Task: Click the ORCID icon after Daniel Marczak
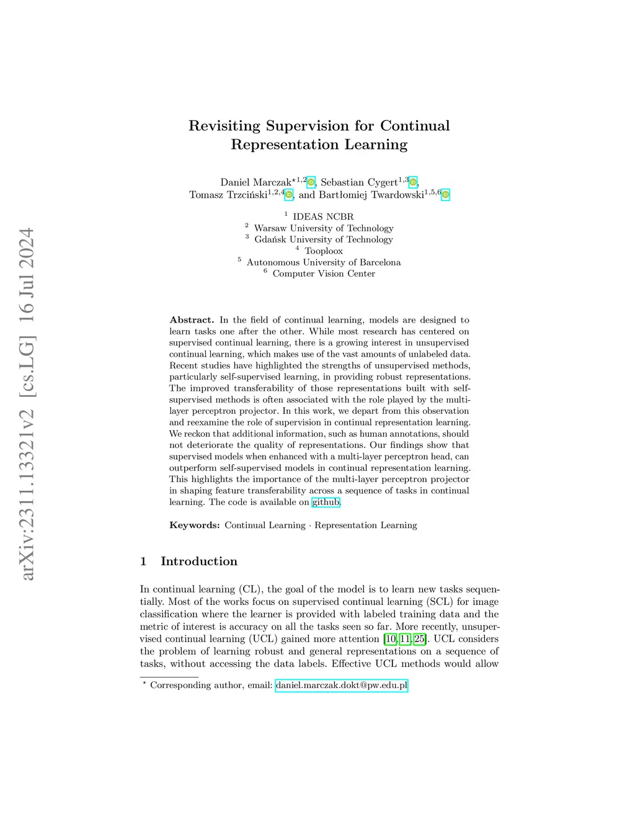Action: [x=311, y=182]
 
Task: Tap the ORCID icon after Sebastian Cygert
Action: [x=413, y=182]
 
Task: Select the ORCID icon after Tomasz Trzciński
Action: [x=288, y=195]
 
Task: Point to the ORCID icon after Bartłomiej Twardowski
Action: [x=445, y=195]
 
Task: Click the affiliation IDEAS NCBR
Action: [x=323, y=217]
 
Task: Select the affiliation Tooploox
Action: [x=323, y=251]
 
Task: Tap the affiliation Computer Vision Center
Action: [x=324, y=274]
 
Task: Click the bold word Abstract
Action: [x=192, y=320]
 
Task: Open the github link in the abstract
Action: [x=326, y=503]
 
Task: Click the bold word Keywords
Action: [x=195, y=525]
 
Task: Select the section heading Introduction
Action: [x=198, y=561]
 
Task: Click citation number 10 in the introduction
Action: [x=391, y=639]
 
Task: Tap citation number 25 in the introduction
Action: [x=419, y=639]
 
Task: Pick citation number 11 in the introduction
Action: [x=405, y=639]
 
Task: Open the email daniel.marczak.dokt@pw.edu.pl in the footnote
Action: [x=342, y=686]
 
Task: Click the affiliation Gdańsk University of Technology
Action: [x=323, y=239]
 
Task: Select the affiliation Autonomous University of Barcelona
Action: [x=323, y=262]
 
